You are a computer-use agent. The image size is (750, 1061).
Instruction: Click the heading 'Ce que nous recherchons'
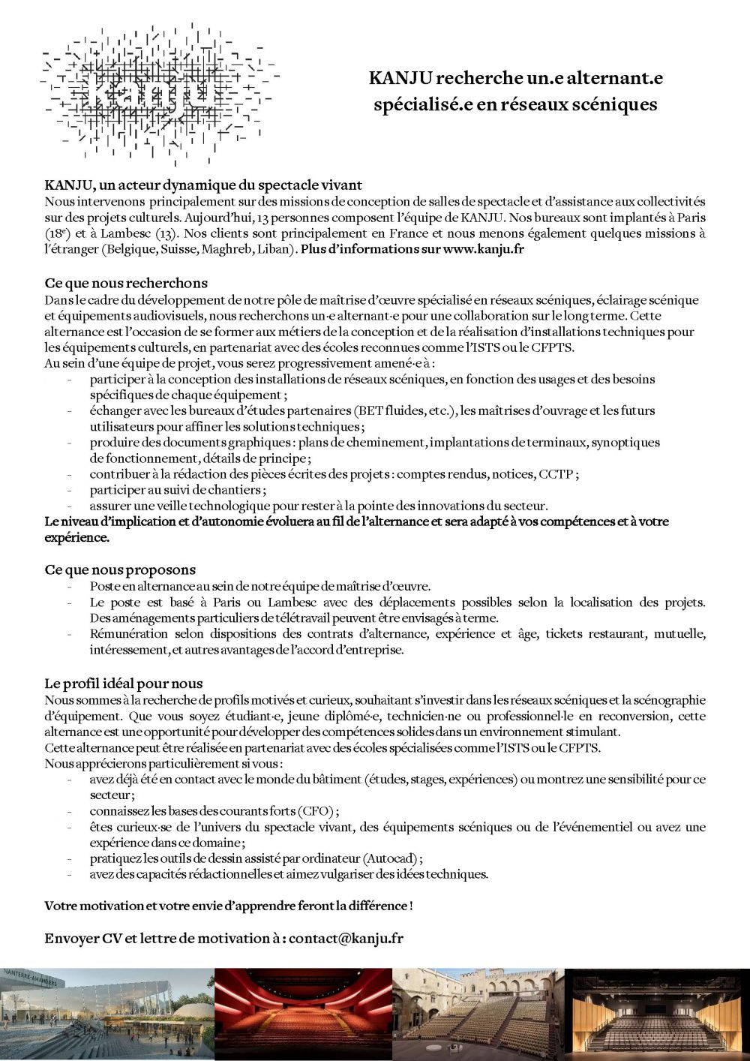pyautogui.click(x=126, y=283)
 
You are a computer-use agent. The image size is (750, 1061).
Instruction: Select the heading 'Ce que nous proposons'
pyautogui.click(x=120, y=570)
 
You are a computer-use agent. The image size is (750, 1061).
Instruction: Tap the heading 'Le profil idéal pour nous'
pyautogui.click(x=124, y=683)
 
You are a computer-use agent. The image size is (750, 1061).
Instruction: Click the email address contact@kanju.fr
pyautogui.click(x=346, y=938)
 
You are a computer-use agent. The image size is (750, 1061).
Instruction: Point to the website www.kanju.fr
pyautogui.click(x=483, y=249)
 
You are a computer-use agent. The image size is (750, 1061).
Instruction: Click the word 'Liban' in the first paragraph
pyautogui.click(x=277, y=249)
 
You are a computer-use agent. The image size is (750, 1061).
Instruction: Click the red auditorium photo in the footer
pyautogui.click(x=303, y=1014)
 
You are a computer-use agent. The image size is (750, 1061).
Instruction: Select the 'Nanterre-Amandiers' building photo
pyautogui.click(x=107, y=1014)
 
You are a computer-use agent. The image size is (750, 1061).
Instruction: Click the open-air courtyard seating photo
pyautogui.click(x=478, y=1014)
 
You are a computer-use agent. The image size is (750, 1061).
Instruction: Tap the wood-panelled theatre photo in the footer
pyautogui.click(x=656, y=1014)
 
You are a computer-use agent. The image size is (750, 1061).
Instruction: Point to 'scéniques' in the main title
pyautogui.click(x=614, y=104)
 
